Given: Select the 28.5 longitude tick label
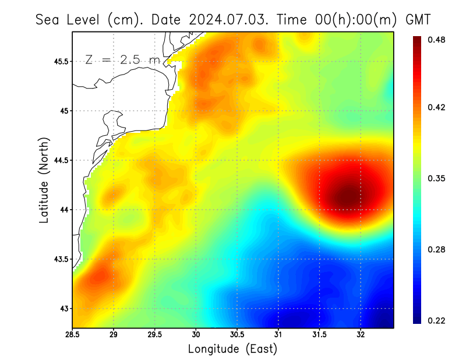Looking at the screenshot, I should tap(73, 335).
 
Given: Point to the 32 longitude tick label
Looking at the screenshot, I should tap(361, 335).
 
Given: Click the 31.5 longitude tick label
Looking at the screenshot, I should tap(320, 335).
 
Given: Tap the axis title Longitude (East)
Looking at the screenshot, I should tap(232, 348).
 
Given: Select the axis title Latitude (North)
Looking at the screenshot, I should tap(44, 179).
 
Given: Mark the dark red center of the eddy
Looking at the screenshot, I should tap(347, 195).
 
